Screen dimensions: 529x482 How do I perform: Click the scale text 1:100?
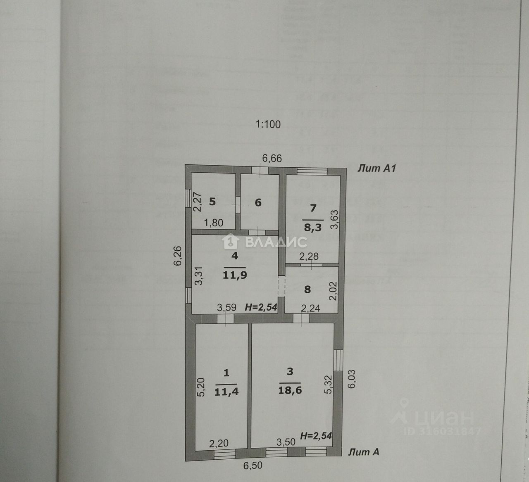click(x=268, y=124)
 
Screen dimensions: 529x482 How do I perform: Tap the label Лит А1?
click(x=377, y=168)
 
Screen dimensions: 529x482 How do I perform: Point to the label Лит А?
click(x=364, y=452)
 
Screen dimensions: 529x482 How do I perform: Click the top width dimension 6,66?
click(x=272, y=158)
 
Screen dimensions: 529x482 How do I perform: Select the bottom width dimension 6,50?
click(x=252, y=466)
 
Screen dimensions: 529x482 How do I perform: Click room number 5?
click(x=212, y=202)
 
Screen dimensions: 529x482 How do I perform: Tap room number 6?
click(x=258, y=202)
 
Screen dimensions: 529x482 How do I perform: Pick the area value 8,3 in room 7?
click(x=313, y=227)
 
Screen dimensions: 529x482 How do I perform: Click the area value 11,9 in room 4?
click(x=235, y=275)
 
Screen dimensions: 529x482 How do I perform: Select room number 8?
click(x=307, y=289)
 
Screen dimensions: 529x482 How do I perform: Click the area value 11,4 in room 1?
click(x=226, y=392)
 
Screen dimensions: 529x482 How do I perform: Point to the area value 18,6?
click(x=290, y=389)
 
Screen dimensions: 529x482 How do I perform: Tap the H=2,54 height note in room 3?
click(x=316, y=435)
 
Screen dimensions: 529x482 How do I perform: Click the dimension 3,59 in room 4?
click(x=226, y=307)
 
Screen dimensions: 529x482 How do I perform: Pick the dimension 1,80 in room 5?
click(x=214, y=223)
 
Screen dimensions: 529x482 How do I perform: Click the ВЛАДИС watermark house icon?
click(x=230, y=241)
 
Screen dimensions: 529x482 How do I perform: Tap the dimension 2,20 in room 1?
click(x=219, y=444)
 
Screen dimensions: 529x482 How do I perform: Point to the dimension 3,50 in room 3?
click(x=286, y=442)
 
